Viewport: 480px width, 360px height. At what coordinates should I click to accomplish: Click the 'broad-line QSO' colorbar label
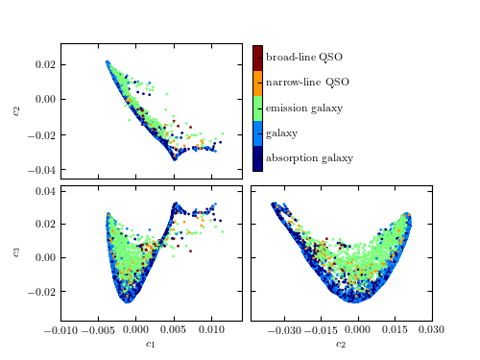pos(303,58)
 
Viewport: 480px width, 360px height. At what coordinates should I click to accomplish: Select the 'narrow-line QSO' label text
pos(307,83)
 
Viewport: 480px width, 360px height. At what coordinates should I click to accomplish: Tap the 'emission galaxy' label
pos(303,108)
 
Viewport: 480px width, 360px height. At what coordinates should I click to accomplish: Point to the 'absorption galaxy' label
pos(309,158)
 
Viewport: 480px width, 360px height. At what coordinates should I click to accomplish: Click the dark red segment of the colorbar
pos(257,57)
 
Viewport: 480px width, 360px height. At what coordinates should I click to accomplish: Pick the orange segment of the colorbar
pos(257,83)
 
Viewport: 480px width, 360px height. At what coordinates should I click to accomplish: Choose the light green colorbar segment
pos(257,108)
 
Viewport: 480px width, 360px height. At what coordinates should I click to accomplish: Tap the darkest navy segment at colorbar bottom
pos(257,158)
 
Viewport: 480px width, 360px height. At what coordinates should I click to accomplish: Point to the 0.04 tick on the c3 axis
pos(44,191)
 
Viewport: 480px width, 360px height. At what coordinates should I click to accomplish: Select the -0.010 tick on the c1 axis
pos(60,330)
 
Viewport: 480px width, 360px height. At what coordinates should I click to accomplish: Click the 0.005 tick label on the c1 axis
pos(174,330)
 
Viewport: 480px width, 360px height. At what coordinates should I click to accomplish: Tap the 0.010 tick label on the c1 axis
pos(211,330)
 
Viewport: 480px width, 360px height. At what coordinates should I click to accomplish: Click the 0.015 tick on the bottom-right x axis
pos(395,330)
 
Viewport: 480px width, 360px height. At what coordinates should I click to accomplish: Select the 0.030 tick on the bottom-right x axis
pos(431,330)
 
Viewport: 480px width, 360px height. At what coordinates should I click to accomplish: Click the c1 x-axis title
pos(151,344)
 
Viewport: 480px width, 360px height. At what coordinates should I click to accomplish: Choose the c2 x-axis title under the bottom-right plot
pos(341,344)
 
